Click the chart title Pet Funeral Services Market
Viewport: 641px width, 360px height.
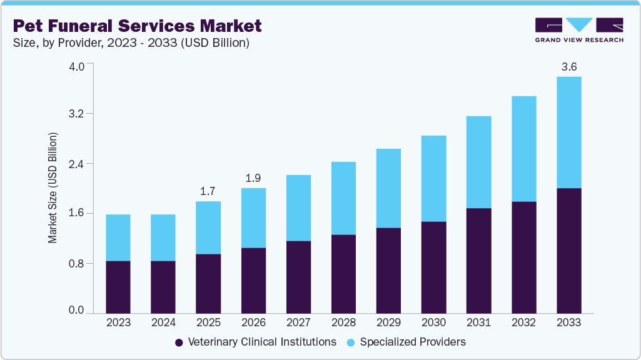(137, 26)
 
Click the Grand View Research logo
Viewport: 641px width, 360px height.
(578, 30)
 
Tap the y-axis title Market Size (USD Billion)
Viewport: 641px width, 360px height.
(53, 188)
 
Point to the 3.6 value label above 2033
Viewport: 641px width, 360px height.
(568, 66)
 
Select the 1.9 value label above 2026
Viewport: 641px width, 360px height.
(253, 177)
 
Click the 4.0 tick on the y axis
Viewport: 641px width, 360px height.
(76, 66)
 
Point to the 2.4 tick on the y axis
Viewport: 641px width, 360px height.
(76, 164)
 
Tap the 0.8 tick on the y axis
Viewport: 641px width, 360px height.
(76, 263)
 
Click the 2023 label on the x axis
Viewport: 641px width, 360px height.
(118, 322)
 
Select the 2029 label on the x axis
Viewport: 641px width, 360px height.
(388, 322)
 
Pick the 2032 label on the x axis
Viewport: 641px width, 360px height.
(523, 322)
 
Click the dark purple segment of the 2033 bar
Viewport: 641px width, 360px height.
(568, 250)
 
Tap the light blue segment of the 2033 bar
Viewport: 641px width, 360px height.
(568, 132)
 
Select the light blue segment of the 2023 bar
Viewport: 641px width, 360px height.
(118, 237)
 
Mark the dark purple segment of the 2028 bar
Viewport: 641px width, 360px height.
(343, 274)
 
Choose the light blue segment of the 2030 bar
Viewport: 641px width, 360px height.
(433, 178)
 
